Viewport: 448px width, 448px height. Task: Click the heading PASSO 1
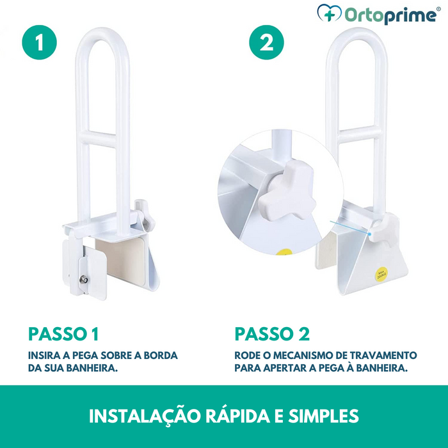(63, 333)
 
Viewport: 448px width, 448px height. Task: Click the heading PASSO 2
(272, 333)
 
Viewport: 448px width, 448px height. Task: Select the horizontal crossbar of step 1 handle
(102, 137)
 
